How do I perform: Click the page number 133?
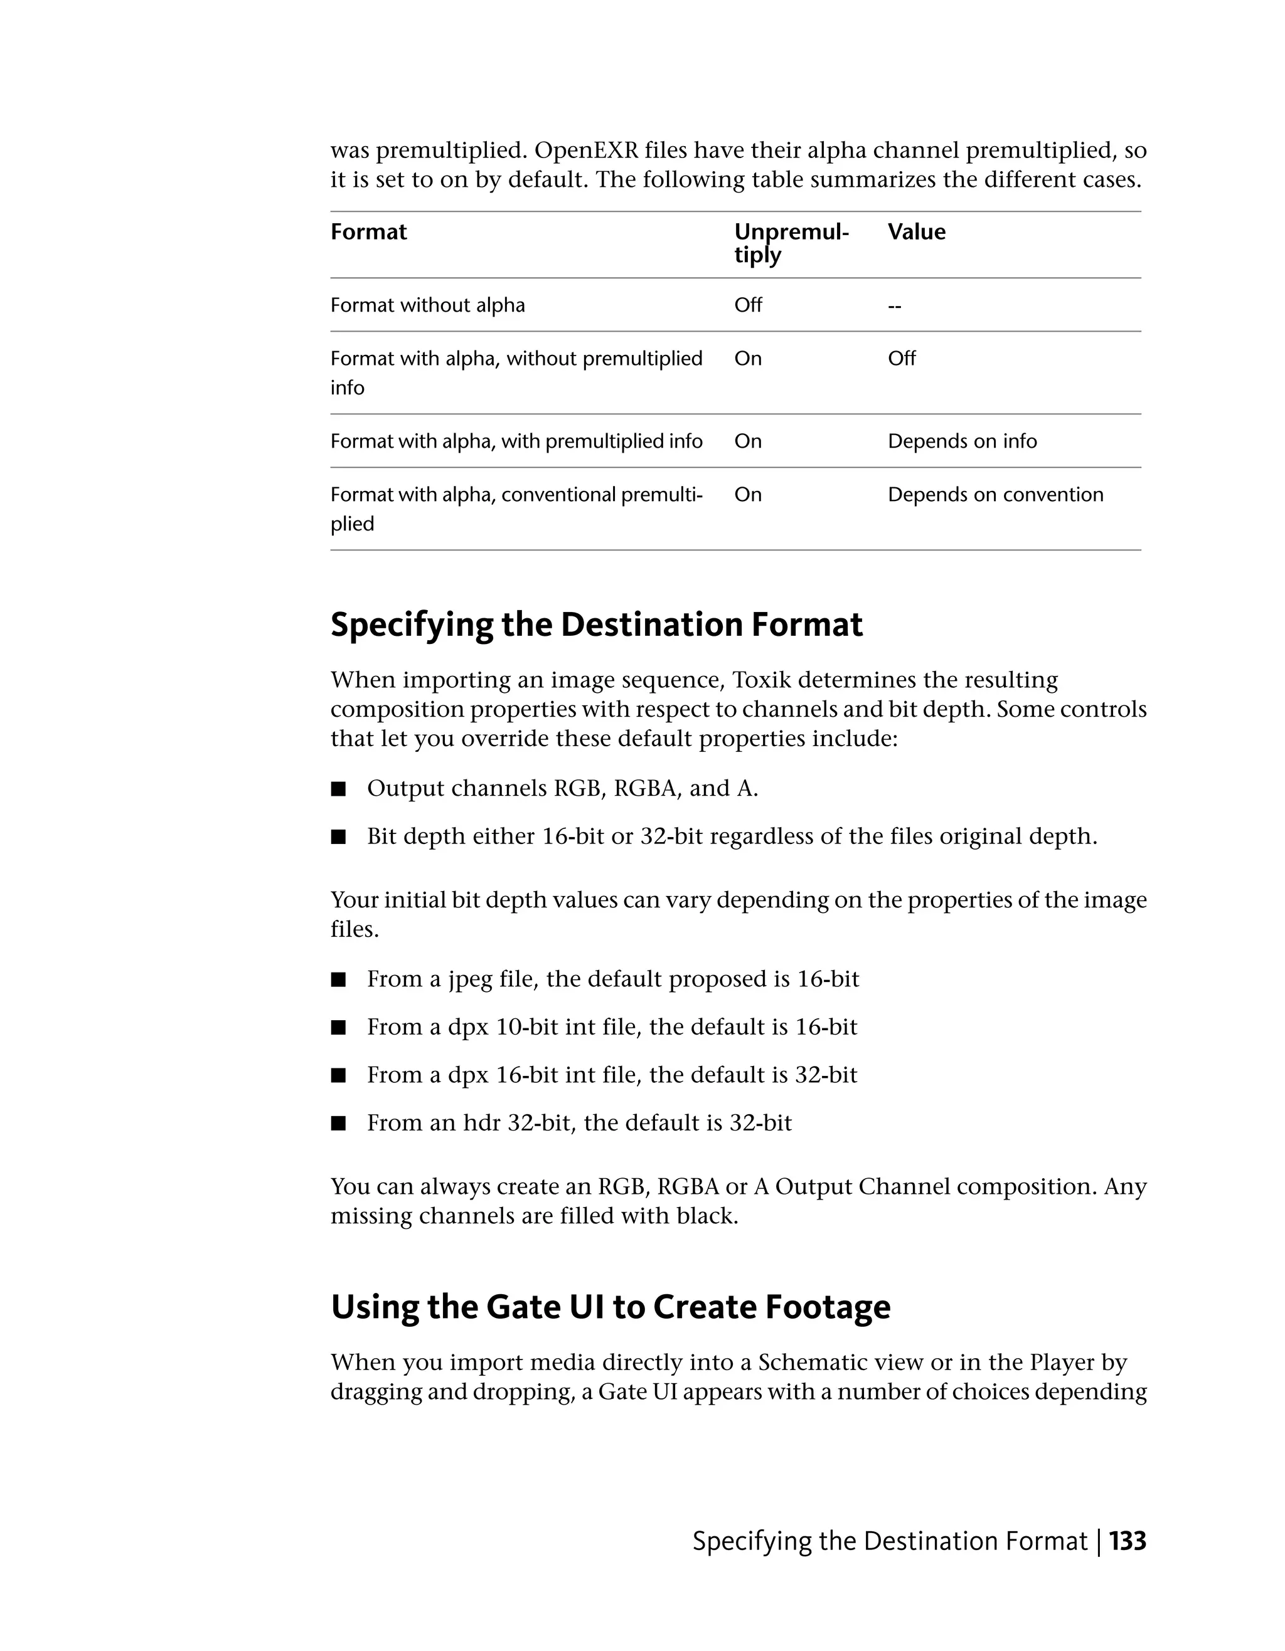pos(1127,1541)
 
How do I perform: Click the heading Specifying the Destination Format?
pos(596,625)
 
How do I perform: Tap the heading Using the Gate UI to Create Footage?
pos(611,1306)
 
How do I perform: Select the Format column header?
pos(368,232)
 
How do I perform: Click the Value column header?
pos(916,232)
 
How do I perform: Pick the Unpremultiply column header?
pos(791,243)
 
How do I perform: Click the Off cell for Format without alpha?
pos(748,305)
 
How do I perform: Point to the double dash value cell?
pos(894,306)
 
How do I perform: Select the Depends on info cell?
pos(962,441)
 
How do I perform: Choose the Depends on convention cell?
pos(995,495)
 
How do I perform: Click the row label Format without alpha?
pos(427,305)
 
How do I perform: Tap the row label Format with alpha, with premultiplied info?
pos(516,441)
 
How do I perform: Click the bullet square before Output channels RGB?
pos(338,789)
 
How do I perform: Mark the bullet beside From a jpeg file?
pos(338,979)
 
